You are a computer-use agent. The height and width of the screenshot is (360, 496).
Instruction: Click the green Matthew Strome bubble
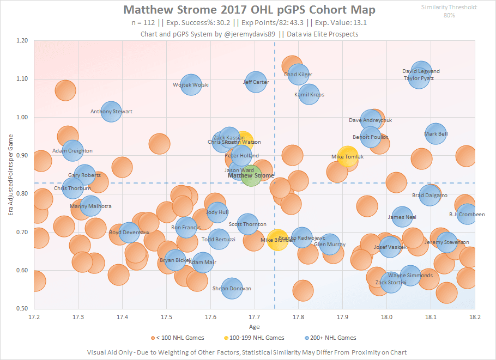click(x=251, y=176)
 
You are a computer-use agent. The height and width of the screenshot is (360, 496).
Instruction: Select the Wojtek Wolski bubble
click(x=191, y=84)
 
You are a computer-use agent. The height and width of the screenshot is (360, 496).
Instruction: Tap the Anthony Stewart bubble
click(x=111, y=112)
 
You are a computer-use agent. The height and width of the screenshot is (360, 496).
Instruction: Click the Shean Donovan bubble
click(x=232, y=289)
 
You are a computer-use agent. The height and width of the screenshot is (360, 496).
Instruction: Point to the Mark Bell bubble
click(x=436, y=133)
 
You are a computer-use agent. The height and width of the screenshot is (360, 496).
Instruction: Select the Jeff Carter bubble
click(x=256, y=82)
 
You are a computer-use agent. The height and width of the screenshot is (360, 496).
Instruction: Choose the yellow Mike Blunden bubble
click(x=277, y=240)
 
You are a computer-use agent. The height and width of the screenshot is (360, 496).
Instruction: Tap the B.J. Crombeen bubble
click(x=467, y=214)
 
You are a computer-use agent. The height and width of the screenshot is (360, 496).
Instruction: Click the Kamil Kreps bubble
click(x=309, y=94)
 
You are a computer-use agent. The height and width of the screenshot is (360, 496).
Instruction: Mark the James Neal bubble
click(x=402, y=217)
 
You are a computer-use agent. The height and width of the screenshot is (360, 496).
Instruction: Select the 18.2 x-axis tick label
click(x=475, y=316)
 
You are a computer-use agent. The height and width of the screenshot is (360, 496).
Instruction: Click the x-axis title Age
click(x=255, y=327)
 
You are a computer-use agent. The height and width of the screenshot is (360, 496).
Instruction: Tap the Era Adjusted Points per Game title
click(x=10, y=174)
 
